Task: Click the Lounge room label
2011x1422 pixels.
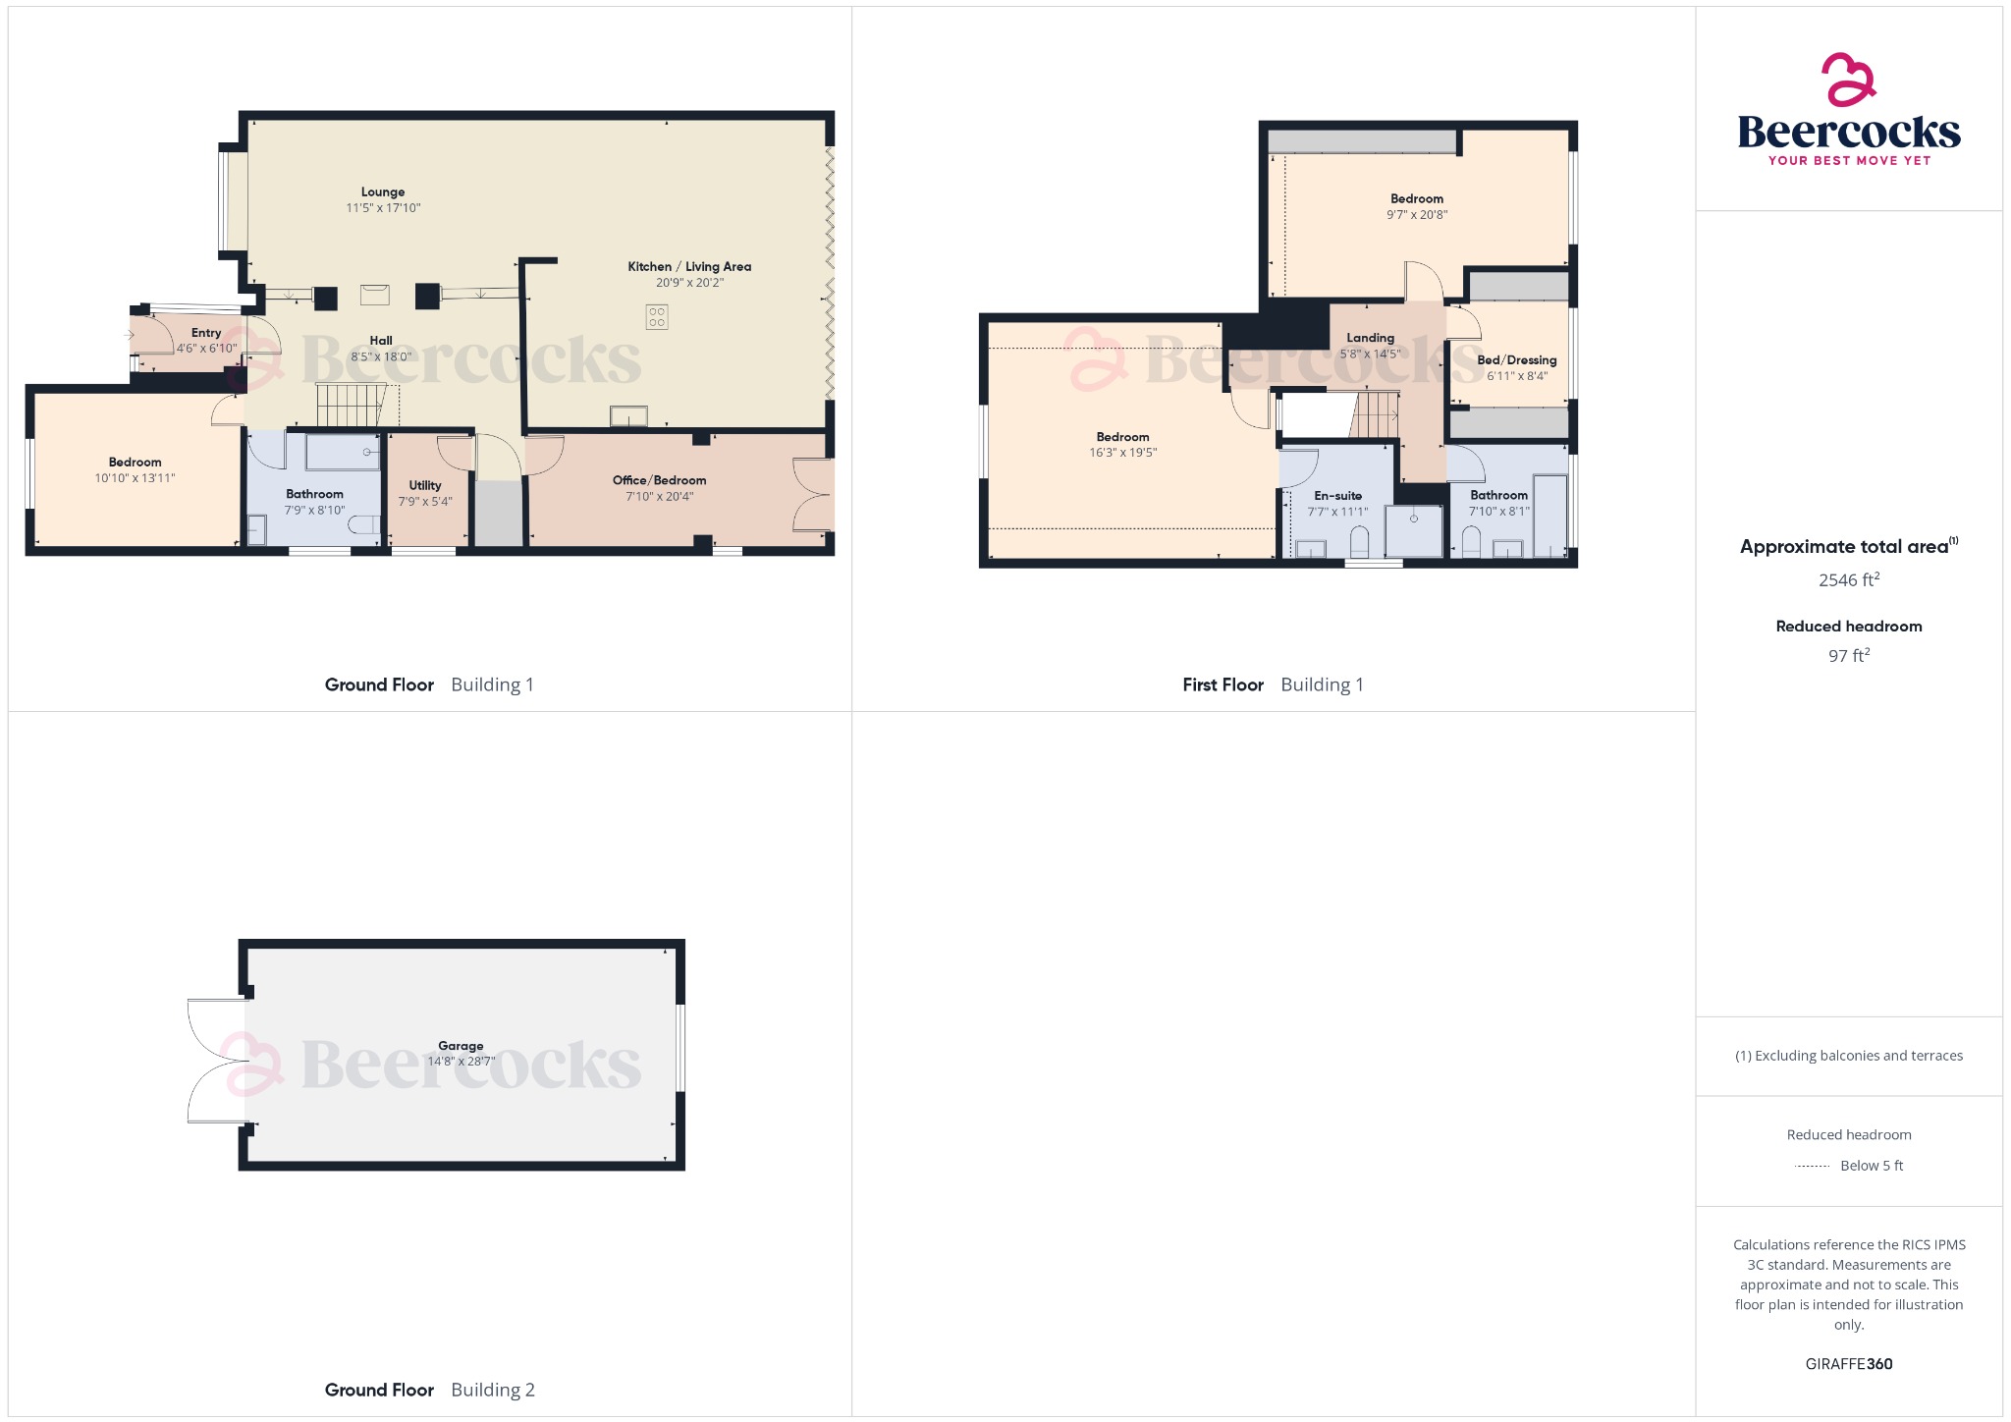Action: (382, 192)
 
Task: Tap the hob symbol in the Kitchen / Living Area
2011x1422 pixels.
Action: (657, 316)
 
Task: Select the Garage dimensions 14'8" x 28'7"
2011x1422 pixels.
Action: (461, 1062)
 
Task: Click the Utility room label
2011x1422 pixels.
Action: (425, 485)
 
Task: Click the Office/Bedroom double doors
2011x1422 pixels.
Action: (814, 496)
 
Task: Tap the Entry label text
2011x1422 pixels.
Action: (206, 333)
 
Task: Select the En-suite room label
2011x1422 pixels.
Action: (1337, 496)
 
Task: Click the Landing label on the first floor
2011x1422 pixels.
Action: (1370, 338)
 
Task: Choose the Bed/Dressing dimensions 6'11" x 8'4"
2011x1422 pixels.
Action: (1516, 376)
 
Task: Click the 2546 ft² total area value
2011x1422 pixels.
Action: (1848, 580)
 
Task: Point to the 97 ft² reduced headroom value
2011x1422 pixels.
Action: (1848, 656)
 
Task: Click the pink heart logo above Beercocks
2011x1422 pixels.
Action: (1848, 80)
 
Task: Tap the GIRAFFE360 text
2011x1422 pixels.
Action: (1848, 1364)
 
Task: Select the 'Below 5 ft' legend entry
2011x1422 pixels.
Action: (1871, 1166)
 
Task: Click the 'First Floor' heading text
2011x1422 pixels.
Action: (1223, 685)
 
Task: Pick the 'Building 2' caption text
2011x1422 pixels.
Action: (493, 1390)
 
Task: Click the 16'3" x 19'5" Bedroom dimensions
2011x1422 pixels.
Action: (1122, 453)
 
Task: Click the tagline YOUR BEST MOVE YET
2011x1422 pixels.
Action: (1848, 160)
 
